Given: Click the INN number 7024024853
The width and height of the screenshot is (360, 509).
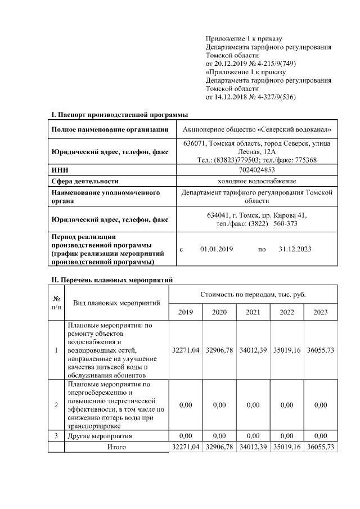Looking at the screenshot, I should (257, 170).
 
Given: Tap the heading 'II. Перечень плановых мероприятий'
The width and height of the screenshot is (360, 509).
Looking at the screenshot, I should (112, 280).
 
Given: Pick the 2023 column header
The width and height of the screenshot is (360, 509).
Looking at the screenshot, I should (321, 312).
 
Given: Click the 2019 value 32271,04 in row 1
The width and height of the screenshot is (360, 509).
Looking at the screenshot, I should (186, 350).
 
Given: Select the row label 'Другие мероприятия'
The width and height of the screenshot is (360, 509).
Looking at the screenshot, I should (100, 436).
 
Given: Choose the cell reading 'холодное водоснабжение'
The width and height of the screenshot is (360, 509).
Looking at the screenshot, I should (257, 181).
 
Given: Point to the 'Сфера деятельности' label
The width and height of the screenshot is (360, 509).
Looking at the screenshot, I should (85, 181).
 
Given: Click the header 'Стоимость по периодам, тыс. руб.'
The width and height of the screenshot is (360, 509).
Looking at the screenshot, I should (253, 295).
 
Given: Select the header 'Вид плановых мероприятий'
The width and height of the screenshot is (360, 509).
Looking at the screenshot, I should (116, 303).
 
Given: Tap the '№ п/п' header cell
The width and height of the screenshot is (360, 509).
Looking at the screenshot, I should (56, 303).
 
